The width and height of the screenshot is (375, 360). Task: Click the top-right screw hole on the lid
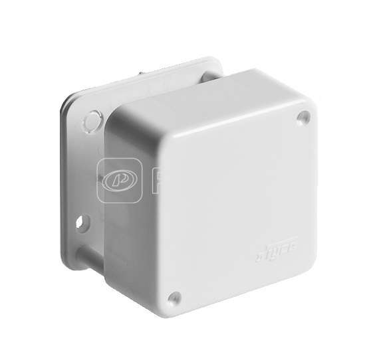[304, 116]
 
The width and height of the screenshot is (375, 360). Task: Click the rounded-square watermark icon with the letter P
[118, 181]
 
